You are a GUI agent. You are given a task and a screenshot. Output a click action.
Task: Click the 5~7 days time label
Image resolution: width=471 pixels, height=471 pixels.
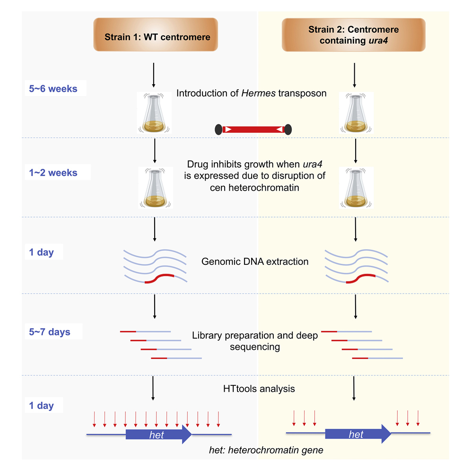[50, 331]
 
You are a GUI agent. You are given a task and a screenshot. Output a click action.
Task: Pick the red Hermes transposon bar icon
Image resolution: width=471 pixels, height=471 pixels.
[253, 129]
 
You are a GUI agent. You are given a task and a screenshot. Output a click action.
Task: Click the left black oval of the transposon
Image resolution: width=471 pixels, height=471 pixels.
[218, 129]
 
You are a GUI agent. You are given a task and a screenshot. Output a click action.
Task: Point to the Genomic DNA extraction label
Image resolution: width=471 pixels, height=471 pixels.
[255, 261]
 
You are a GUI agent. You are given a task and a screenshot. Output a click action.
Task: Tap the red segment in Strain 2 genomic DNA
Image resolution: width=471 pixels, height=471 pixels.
[360, 279]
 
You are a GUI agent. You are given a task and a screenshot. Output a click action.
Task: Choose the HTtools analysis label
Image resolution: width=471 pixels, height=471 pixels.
[259, 389]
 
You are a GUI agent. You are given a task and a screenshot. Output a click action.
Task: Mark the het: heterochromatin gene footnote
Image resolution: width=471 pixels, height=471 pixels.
[266, 450]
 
